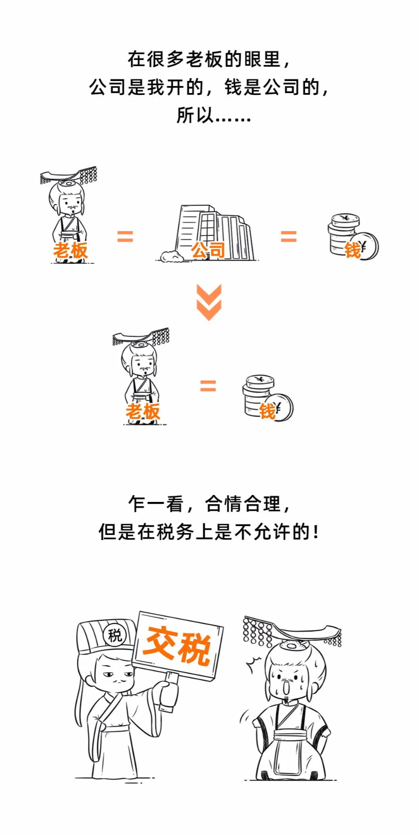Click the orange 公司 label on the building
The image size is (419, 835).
click(x=208, y=250)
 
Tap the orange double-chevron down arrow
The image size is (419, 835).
click(x=209, y=302)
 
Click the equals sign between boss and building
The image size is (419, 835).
click(x=125, y=236)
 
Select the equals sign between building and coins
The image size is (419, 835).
click(x=289, y=236)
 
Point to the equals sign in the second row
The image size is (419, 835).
click(x=208, y=385)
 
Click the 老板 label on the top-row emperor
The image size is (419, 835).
click(x=70, y=250)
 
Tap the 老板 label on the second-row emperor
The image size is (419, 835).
click(x=142, y=412)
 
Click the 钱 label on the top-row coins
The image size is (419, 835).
click(x=352, y=250)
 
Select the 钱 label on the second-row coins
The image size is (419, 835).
click(x=268, y=412)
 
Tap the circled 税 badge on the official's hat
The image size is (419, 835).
click(x=115, y=635)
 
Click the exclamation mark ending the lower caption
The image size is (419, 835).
click(x=317, y=532)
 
